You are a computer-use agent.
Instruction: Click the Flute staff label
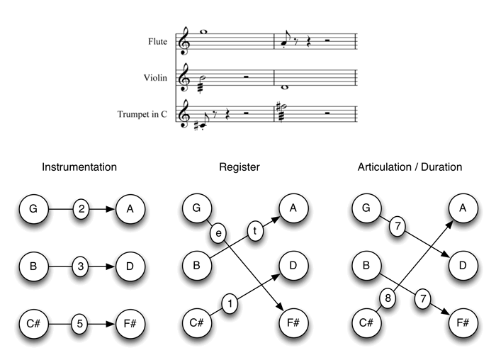(157, 42)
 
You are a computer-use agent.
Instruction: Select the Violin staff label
(155, 78)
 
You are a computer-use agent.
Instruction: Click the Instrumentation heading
(79, 168)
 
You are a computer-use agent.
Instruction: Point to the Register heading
(239, 168)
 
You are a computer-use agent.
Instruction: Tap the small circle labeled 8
(388, 298)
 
